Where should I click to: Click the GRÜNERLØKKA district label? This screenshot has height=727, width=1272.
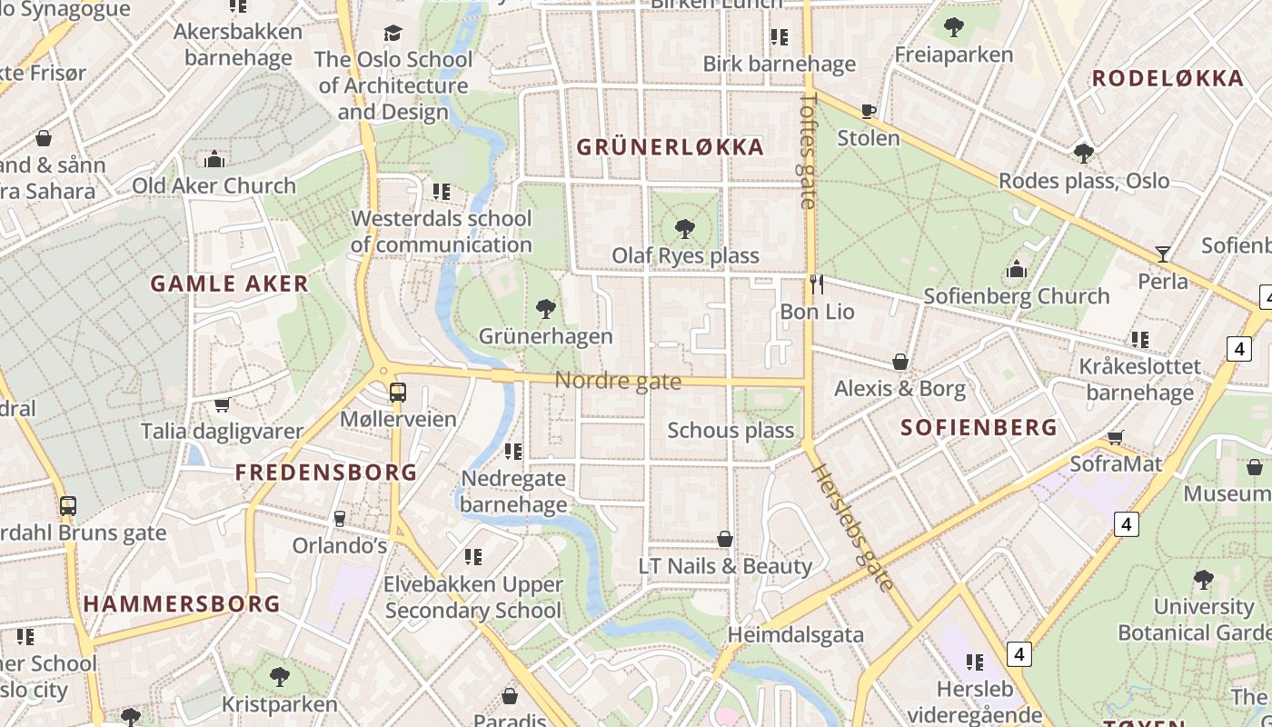[x=670, y=147]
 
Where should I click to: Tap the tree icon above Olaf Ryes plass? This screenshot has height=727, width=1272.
[x=684, y=229]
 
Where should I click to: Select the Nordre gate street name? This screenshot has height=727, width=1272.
[x=618, y=381]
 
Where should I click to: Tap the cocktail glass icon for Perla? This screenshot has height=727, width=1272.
[x=1162, y=254]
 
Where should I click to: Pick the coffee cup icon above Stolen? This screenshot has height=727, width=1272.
[x=869, y=112]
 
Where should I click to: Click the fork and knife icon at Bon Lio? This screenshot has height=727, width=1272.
[x=816, y=284]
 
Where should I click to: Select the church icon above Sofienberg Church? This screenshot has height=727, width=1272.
[x=1017, y=269]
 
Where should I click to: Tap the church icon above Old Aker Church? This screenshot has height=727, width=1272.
[x=214, y=159]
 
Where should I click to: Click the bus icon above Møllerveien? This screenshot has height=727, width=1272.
[x=397, y=393]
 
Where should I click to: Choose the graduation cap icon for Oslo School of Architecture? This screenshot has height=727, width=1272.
[x=393, y=34]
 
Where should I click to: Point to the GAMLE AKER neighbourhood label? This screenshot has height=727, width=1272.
[x=230, y=284]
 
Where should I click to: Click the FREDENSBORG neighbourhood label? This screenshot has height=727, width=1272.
[x=326, y=473]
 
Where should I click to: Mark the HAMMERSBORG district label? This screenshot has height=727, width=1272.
[x=182, y=604]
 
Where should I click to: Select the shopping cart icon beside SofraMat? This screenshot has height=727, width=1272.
[x=1116, y=437]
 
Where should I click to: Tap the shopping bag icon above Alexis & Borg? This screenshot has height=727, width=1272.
[x=899, y=363]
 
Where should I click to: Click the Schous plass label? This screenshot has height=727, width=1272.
[x=730, y=430]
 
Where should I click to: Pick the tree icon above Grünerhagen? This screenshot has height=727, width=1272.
[x=545, y=309]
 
